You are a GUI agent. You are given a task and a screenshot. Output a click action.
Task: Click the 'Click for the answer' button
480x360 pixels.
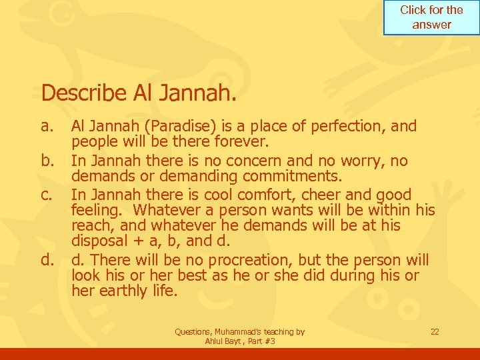(431, 17)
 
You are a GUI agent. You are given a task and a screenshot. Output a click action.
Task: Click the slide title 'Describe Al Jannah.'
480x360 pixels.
(139, 93)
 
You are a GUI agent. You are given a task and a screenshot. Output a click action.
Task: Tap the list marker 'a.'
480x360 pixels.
(47, 126)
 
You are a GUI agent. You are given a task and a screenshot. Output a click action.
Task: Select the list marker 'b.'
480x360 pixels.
(47, 161)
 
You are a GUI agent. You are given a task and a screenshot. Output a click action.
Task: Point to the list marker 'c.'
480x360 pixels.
(47, 195)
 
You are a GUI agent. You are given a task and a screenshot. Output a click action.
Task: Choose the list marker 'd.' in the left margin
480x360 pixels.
(47, 259)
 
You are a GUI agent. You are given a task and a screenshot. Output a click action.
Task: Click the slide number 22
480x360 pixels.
(435, 331)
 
